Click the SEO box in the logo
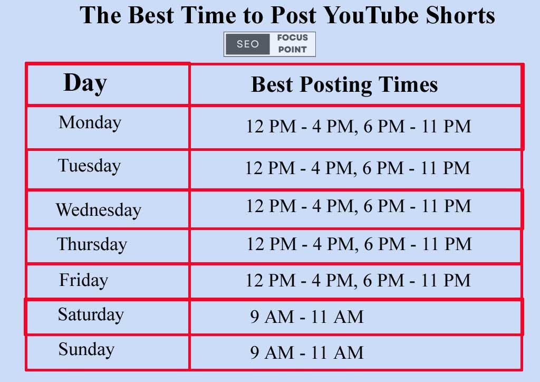pyautogui.click(x=248, y=44)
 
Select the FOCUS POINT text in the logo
pyautogui.click(x=292, y=44)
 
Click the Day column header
pyautogui.click(x=85, y=83)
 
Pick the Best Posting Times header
pyautogui.click(x=344, y=84)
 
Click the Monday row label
pyautogui.click(x=90, y=122)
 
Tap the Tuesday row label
pyautogui.click(x=89, y=166)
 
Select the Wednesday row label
pyautogui.click(x=98, y=210)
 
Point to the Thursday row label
pyautogui.click(x=92, y=244)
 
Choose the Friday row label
pyautogui.click(x=83, y=280)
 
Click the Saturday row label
pyautogui.click(x=91, y=314)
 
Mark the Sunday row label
pyautogui.click(x=86, y=349)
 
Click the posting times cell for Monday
pyautogui.click(x=358, y=127)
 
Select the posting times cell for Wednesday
pyautogui.click(x=358, y=206)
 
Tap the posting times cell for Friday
pyautogui.click(x=358, y=280)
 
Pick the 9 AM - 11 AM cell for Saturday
pyautogui.click(x=306, y=317)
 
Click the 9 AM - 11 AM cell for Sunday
pyautogui.click(x=306, y=352)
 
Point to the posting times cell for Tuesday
pyautogui.click(x=357, y=168)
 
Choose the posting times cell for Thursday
pyautogui.click(x=359, y=244)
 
